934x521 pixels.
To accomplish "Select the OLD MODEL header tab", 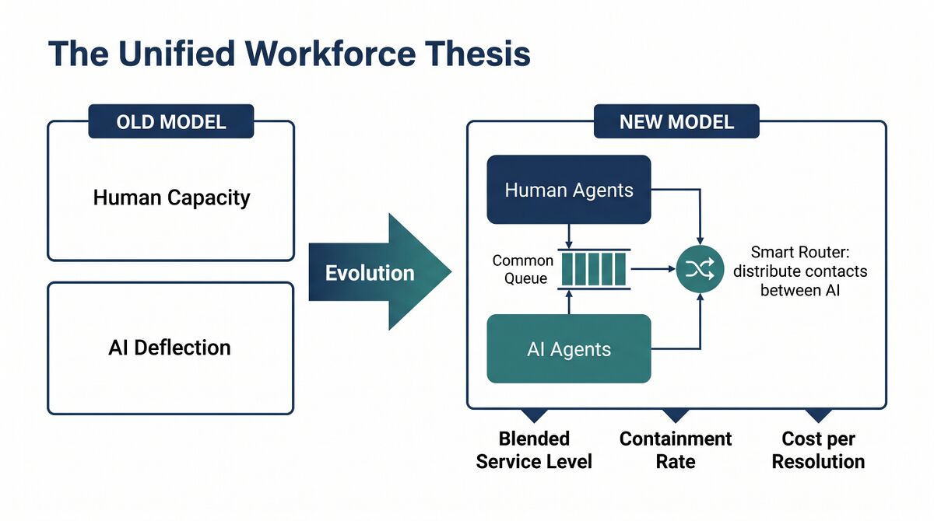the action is pos(171,121).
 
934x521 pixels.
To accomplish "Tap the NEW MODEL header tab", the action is pos(676,121).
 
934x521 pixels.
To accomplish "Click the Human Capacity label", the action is pos(171,198).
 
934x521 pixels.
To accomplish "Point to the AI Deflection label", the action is pos(170,348).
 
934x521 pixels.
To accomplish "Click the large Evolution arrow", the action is pos(380,272).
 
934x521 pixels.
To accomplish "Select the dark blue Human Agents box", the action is pos(569,190).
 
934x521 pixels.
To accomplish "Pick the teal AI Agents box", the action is pos(569,348).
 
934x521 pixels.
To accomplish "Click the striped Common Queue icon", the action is pos(594,269).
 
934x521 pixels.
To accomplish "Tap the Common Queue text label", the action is pos(523,270).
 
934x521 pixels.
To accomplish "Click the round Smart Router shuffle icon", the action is pos(700,268).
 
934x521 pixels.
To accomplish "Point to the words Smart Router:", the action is pos(800,252).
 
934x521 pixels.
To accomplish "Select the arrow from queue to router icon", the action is pos(653,269).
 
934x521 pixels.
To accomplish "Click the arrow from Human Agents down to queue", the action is pos(569,236).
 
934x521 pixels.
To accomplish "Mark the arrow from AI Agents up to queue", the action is pos(569,302).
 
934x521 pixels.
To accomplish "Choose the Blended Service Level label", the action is pos(534,450).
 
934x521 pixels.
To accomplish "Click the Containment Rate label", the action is pos(676,450).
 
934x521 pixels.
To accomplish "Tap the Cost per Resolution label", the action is pos(818,450).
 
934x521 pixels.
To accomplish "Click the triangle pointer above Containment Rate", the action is pos(676,414).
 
